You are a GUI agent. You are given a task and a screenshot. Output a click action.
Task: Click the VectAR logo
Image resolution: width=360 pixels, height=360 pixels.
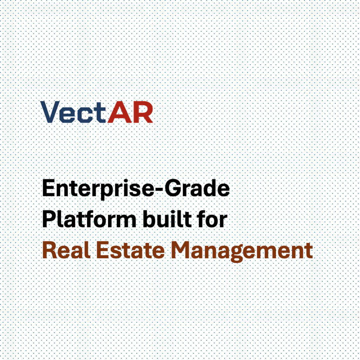tap(96, 112)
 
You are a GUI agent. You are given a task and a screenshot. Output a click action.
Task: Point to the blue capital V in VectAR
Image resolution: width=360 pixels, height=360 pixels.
tap(50, 112)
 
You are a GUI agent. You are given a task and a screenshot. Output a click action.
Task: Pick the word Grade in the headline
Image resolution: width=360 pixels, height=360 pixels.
tap(197, 188)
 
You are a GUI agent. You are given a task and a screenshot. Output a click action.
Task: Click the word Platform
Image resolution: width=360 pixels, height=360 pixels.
tap(89, 219)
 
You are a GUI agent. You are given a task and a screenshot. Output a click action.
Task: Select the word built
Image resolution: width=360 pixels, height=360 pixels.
tap(167, 219)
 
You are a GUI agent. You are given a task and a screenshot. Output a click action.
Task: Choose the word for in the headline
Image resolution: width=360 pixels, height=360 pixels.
tap(212, 219)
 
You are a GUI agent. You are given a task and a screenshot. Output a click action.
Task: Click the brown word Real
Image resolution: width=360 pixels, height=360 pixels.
tap(66, 250)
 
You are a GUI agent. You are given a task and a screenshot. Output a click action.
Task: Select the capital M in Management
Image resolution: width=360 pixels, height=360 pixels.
tap(182, 250)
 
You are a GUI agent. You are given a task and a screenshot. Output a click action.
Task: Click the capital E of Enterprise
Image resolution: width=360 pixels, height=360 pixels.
tap(48, 188)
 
